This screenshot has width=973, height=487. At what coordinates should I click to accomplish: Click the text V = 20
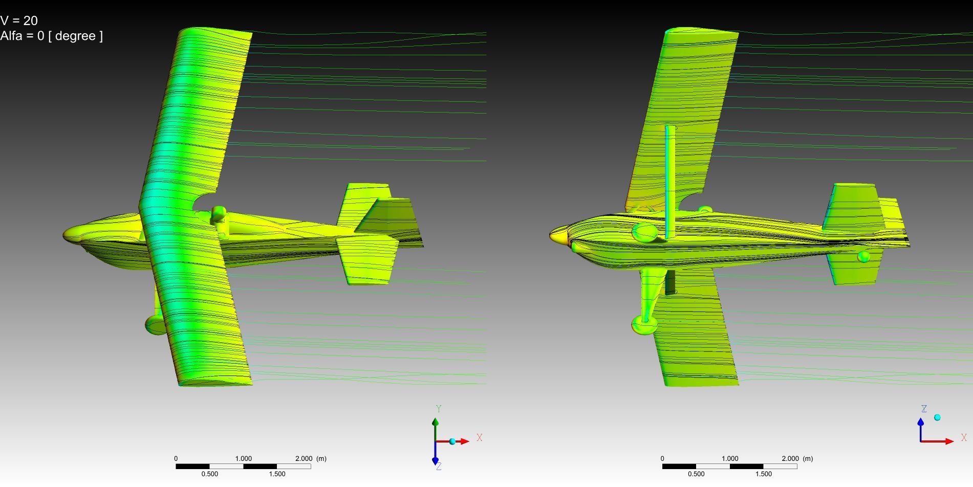[19, 21]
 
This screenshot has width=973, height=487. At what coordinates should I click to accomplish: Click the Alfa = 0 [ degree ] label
[51, 36]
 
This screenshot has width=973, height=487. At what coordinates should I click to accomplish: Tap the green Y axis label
[439, 409]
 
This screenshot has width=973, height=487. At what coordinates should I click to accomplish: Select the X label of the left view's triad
[480, 438]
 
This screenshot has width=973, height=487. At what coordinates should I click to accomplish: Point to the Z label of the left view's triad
[439, 467]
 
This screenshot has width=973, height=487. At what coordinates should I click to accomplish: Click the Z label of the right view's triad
[924, 409]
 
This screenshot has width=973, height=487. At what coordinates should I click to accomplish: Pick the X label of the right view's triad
[964, 438]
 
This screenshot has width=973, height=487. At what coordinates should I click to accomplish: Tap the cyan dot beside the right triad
[937, 418]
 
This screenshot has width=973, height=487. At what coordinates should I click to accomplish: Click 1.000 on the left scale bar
[244, 459]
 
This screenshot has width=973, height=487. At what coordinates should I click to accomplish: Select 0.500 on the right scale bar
[696, 474]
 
